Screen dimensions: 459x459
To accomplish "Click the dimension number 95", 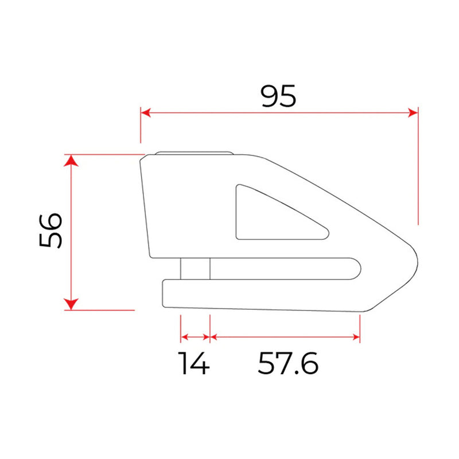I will click(x=278, y=96).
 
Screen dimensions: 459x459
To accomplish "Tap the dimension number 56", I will click(x=51, y=231).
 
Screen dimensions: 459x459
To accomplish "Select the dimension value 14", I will click(x=193, y=363).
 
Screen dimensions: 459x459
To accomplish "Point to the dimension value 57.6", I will click(x=287, y=363).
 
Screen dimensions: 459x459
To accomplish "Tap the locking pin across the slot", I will click(x=195, y=269).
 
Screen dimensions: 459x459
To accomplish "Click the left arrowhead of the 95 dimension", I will click(x=146, y=113).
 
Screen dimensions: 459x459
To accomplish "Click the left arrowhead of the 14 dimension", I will click(x=184, y=337).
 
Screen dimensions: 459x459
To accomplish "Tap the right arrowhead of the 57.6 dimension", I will click(x=356, y=337).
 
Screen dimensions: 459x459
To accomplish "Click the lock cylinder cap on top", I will click(x=193, y=153).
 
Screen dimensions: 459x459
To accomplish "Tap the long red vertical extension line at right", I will click(x=418, y=172).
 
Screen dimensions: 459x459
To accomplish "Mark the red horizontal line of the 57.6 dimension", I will click(x=284, y=337).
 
